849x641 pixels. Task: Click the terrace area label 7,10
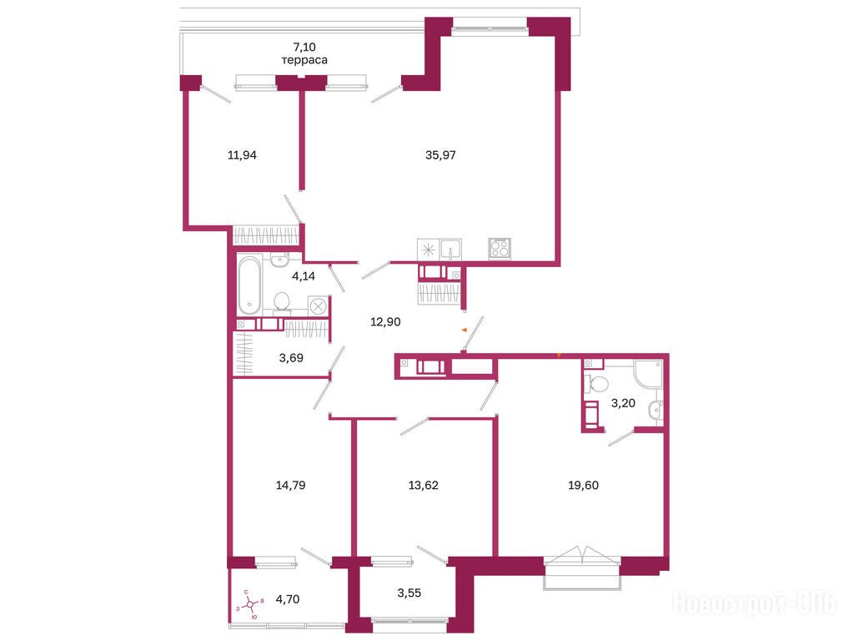(304, 47)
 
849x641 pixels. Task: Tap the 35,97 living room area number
(440, 155)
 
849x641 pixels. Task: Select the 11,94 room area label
(242, 155)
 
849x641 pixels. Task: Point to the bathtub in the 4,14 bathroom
(249, 285)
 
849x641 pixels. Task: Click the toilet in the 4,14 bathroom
(281, 302)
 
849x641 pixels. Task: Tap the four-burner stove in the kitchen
(500, 249)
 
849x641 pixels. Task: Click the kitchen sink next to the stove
(450, 250)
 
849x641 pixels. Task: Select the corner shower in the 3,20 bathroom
(648, 374)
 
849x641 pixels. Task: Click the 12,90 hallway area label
(385, 322)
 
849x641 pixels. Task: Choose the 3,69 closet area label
(291, 357)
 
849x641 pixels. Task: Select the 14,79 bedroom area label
(290, 485)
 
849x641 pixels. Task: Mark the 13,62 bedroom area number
(423, 485)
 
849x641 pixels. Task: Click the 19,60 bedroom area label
(583, 485)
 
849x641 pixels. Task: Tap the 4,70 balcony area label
(288, 599)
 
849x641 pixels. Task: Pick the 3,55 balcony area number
(409, 593)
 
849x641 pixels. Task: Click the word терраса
(304, 60)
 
